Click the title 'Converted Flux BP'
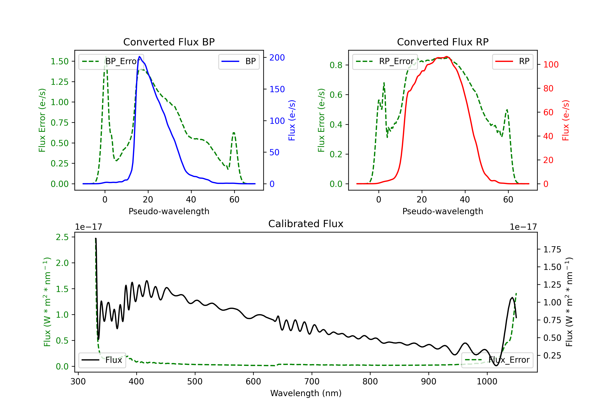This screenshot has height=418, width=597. coord(169,42)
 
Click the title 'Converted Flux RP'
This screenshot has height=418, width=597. coord(443,42)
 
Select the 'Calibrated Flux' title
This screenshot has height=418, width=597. coord(306,224)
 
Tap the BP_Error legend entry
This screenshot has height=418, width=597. coord(111,61)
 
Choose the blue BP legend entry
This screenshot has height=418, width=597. coord(239,61)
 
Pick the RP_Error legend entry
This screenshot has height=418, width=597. coord(385,61)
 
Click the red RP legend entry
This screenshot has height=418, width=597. coord(512,61)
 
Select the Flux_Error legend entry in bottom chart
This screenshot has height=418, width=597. coord(497,360)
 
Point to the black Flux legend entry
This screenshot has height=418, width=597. coord(102,360)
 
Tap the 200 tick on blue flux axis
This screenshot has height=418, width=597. coord(277,58)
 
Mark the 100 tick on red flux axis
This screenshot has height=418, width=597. coord(551,64)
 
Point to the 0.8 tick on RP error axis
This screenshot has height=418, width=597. coord(336,65)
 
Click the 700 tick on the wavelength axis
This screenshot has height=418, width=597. coord(312,381)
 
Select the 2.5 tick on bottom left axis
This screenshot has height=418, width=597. coord(62,237)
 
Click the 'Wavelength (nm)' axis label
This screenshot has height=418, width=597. coord(306,393)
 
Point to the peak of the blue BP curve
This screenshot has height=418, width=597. coord(140,57)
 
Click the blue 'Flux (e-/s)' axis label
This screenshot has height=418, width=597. coord(292,120)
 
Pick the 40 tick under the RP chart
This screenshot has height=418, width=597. coord(465,199)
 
